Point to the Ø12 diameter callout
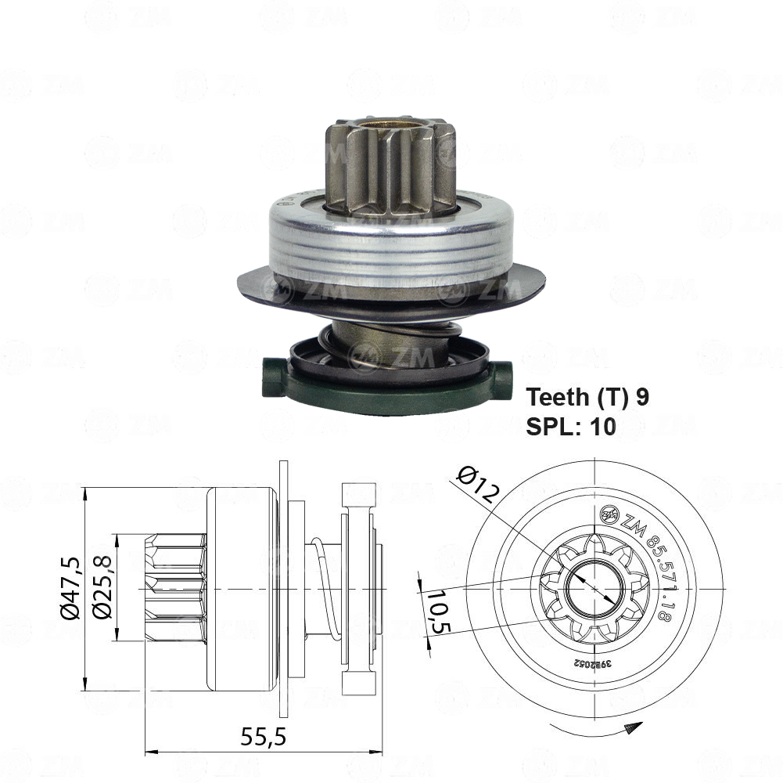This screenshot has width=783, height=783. pyautogui.click(x=475, y=483)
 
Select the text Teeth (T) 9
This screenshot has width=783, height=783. pyautogui.click(x=587, y=397)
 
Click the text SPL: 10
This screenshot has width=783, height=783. pyautogui.click(x=571, y=426)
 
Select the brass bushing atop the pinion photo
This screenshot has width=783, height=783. pyautogui.click(x=387, y=124)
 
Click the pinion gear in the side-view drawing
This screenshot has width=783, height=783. pyautogui.click(x=176, y=587)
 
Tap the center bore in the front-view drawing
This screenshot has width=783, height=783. pyautogui.click(x=595, y=587)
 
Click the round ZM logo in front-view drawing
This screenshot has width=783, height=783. pyautogui.click(x=609, y=515)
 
